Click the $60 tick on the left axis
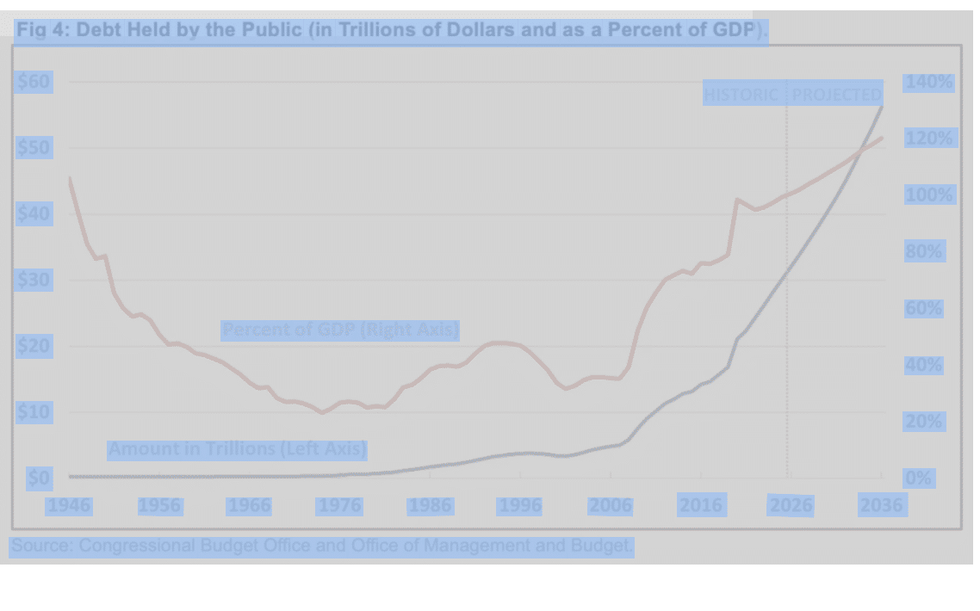34,83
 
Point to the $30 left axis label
34,281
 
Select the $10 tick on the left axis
34,412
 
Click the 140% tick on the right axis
928,83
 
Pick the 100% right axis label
928,195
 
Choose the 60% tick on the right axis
923,309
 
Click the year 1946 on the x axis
69,506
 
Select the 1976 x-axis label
339,506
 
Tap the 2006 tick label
610,506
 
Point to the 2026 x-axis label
791,506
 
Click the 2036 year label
881,506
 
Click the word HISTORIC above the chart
741,95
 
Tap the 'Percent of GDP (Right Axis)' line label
340,330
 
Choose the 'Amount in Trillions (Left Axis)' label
237,449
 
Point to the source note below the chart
322,546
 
